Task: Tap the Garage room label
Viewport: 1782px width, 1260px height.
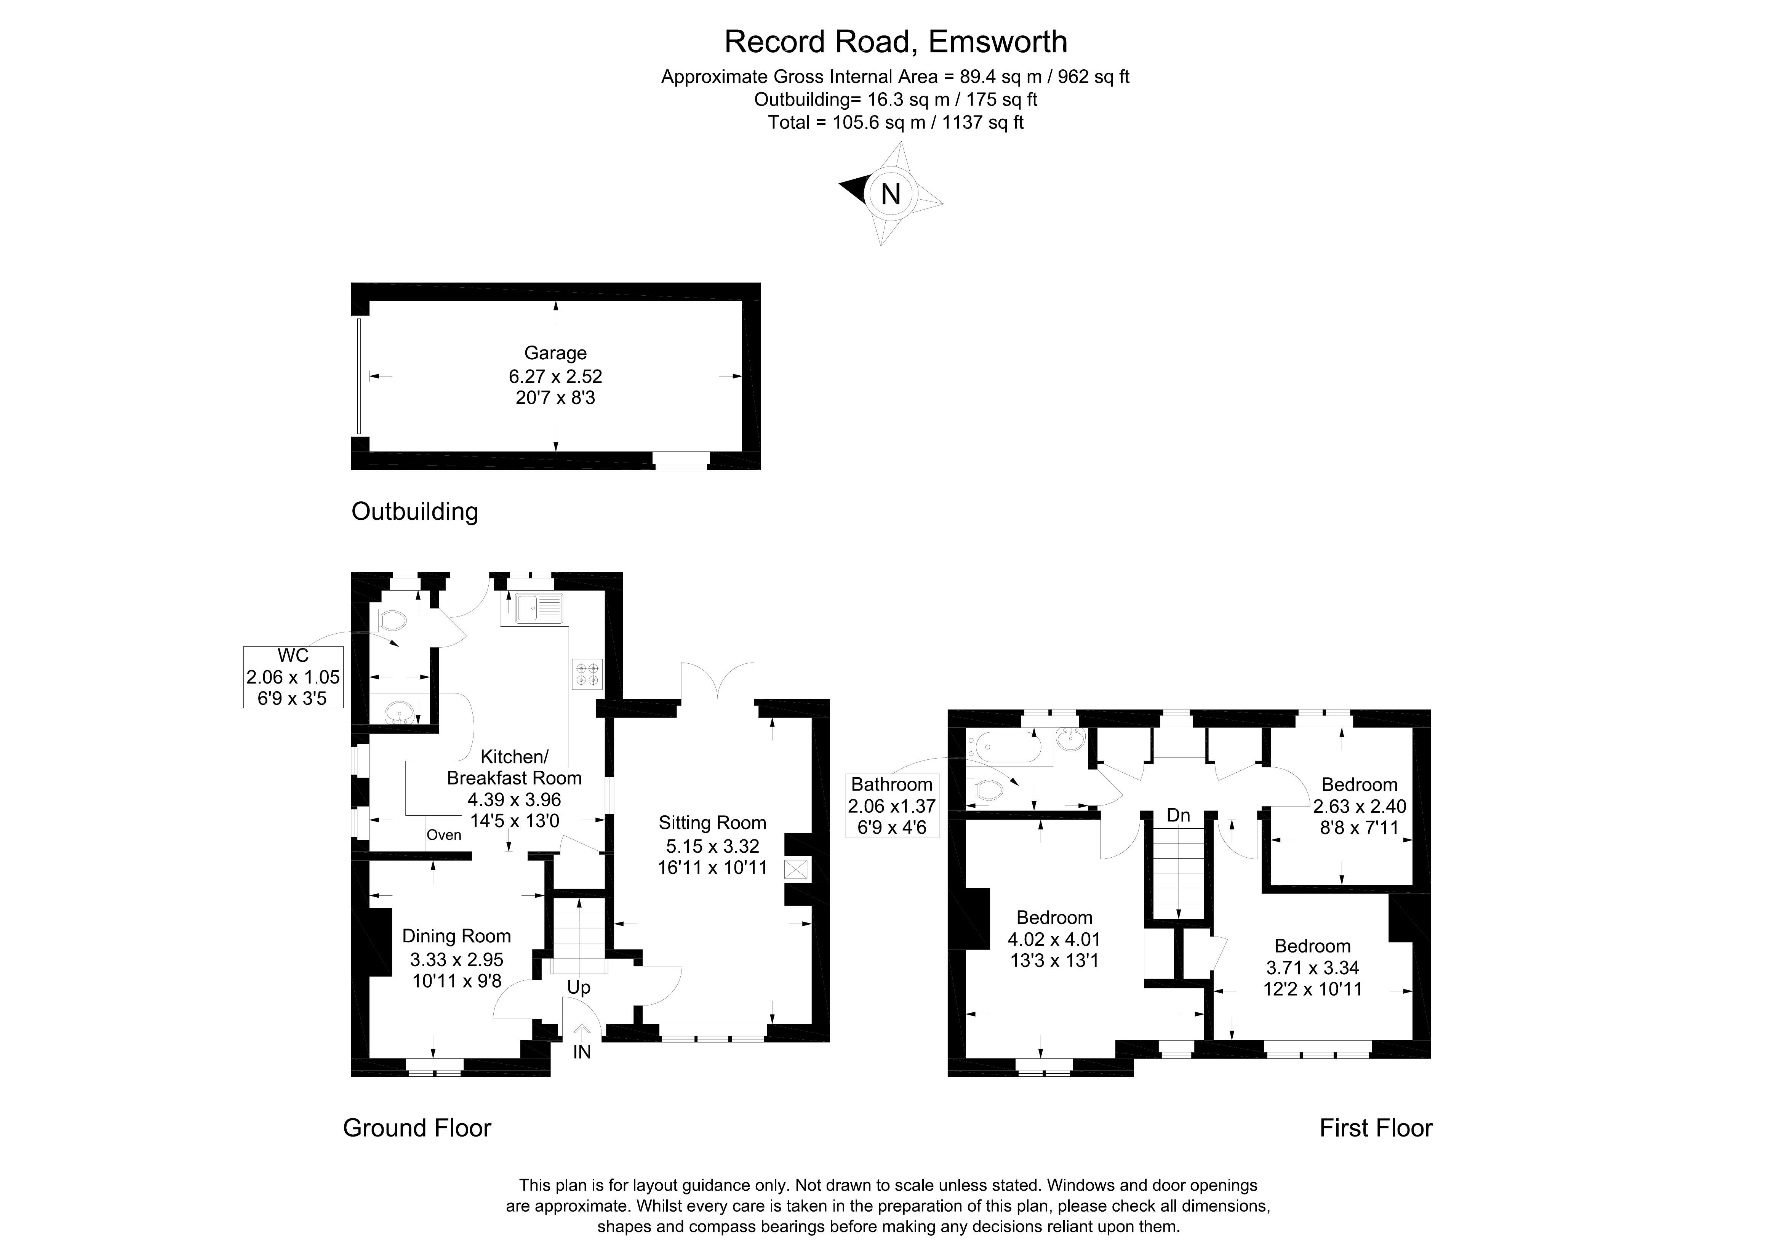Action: point(555,353)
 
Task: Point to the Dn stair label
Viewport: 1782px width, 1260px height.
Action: point(1178,815)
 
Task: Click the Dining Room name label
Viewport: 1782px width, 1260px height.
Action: point(456,936)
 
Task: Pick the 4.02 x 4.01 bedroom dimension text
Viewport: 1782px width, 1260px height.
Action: point(1054,939)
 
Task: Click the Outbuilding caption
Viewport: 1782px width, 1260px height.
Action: point(414,512)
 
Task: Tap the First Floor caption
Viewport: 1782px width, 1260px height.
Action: point(1375,1128)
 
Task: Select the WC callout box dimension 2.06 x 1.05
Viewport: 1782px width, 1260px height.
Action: point(293,677)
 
